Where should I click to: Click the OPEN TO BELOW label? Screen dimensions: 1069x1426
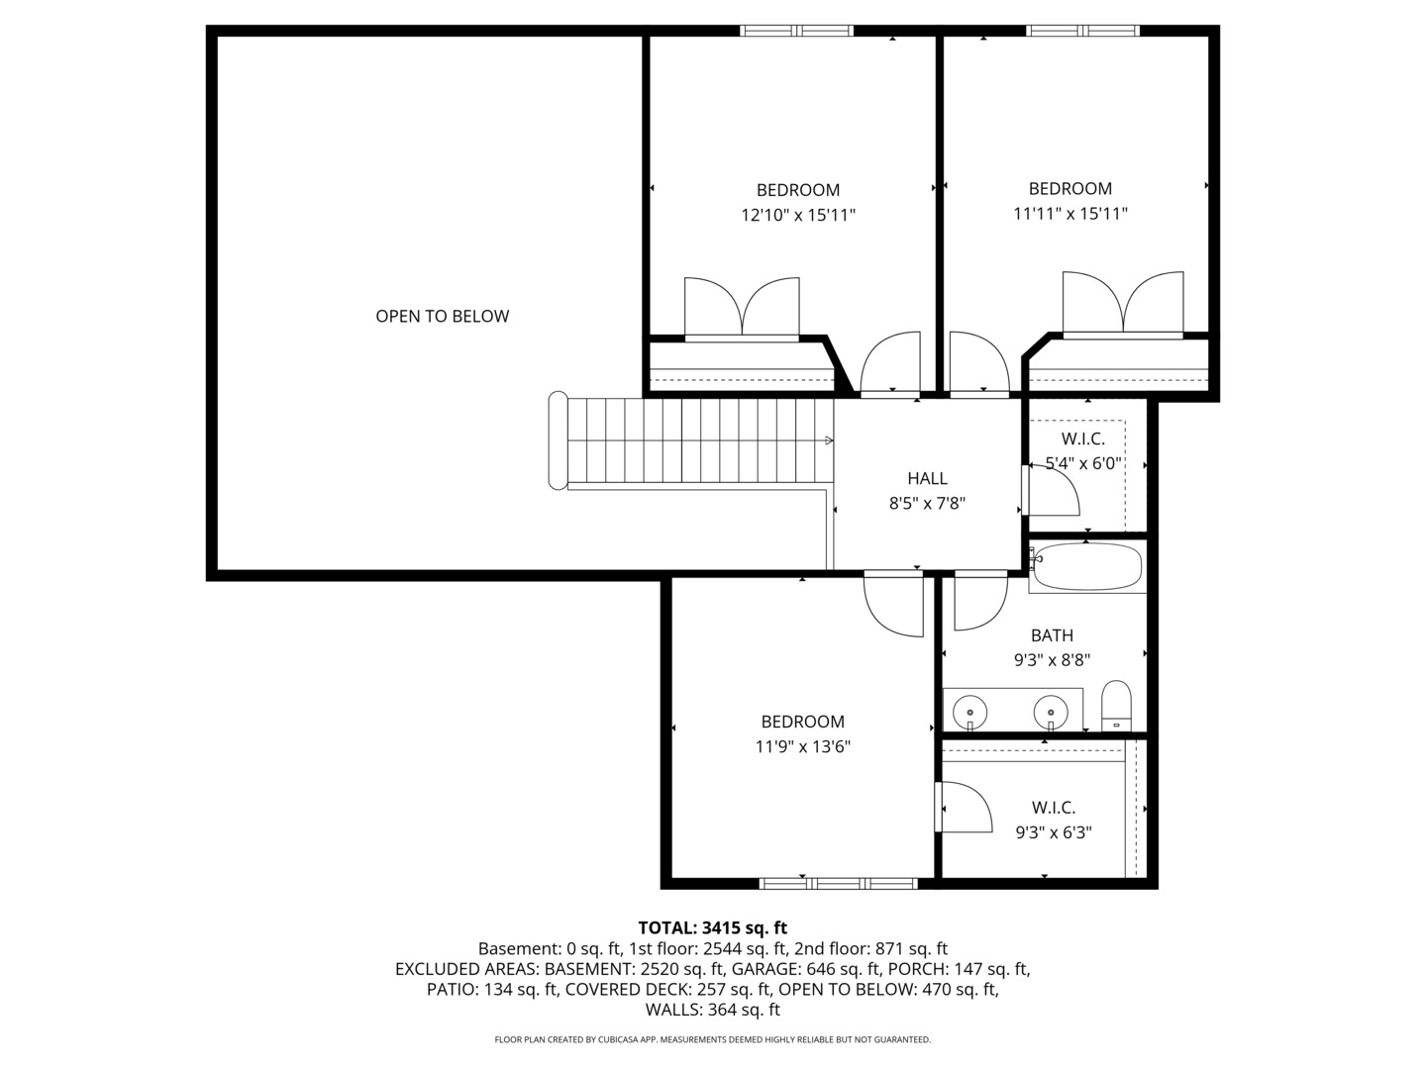click(443, 317)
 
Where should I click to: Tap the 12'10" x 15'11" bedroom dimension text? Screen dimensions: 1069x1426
click(798, 215)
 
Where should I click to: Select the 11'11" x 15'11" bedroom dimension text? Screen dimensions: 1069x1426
click(1070, 214)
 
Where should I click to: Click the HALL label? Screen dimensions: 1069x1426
click(927, 479)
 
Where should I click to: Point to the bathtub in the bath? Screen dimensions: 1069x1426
click(1087, 567)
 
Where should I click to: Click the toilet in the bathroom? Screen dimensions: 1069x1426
click(1116, 705)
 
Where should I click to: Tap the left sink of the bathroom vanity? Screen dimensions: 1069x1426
click(970, 711)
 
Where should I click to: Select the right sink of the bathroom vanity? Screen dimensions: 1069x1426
click(1051, 711)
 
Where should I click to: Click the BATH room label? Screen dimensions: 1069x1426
click(1052, 635)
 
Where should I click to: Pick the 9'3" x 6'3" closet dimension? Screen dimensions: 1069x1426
click(1054, 833)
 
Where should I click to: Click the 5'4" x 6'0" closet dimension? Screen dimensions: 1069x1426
click(1083, 463)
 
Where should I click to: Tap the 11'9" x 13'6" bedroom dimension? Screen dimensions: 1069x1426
click(803, 747)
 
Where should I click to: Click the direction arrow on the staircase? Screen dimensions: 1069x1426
click(829, 440)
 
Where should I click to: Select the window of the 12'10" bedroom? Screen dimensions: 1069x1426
click(797, 31)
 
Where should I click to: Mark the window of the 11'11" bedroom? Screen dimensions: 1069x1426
click(1083, 31)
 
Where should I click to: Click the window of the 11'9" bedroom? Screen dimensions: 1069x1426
click(839, 883)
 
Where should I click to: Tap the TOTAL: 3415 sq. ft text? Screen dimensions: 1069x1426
click(712, 928)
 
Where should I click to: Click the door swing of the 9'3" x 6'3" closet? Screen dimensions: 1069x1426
click(968, 807)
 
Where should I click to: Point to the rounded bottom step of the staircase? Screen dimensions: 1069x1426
click(559, 440)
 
